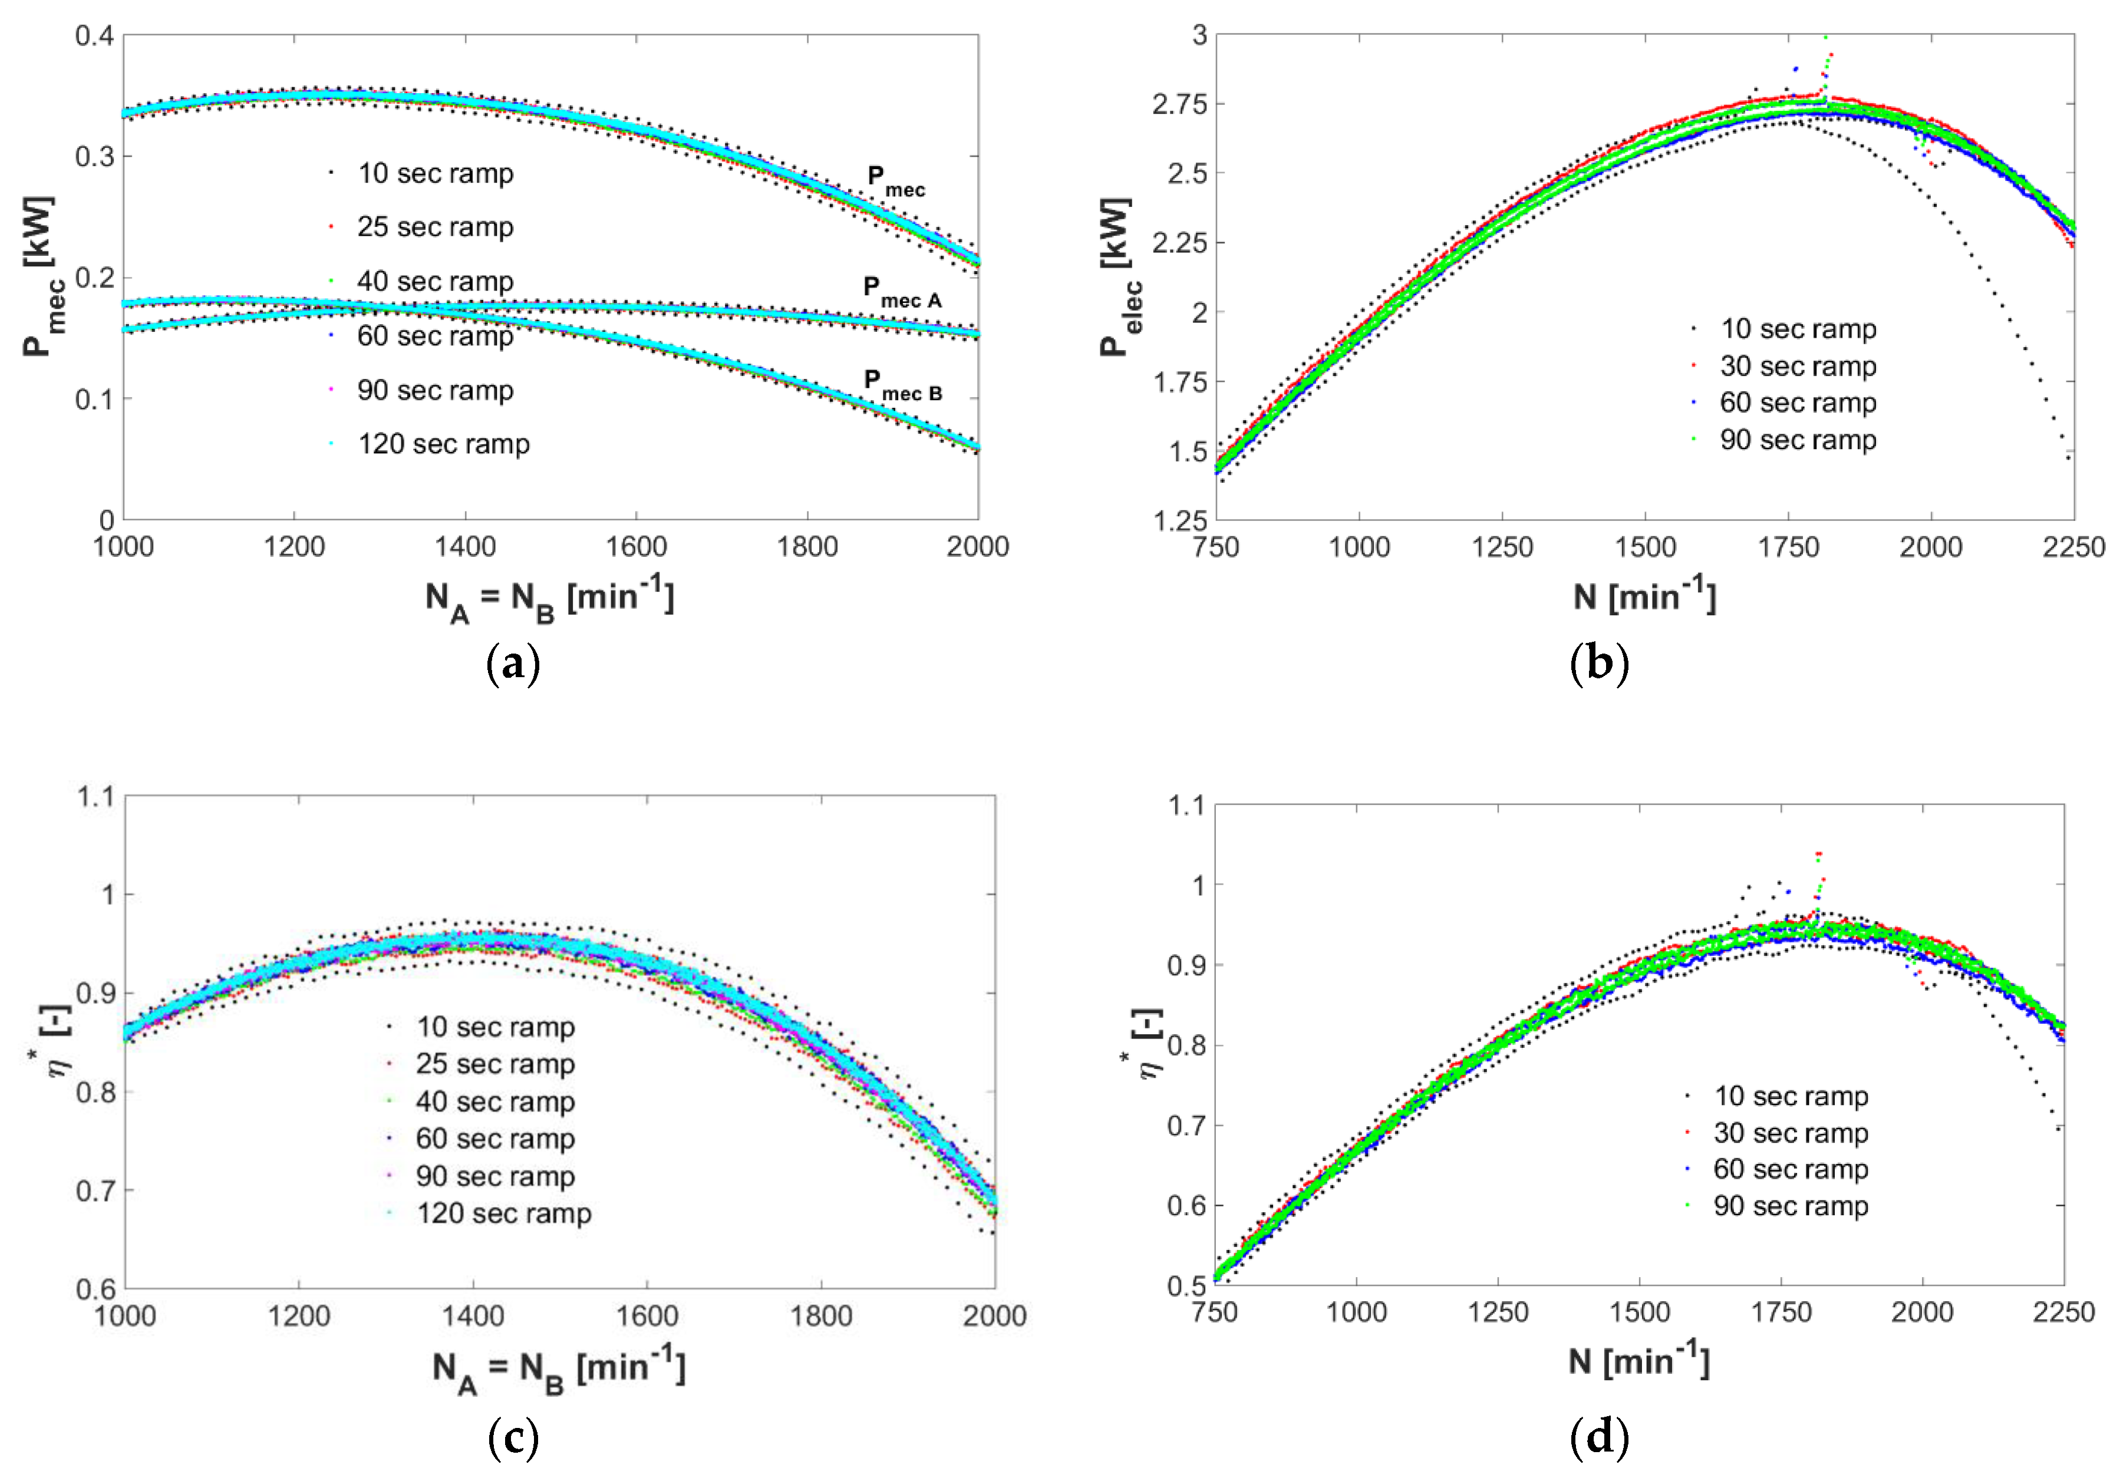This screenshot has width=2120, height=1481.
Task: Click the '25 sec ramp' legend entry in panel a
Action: tap(434, 227)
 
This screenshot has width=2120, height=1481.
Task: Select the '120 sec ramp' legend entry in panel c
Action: tap(503, 1213)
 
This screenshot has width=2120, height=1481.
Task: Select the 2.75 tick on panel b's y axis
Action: tap(1179, 104)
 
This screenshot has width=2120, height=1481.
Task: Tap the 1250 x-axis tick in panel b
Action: tap(1502, 546)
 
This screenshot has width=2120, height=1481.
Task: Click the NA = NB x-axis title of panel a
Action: tap(549, 600)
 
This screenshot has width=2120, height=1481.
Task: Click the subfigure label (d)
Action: tap(1598, 1437)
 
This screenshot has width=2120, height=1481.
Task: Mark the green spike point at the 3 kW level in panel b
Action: tap(1825, 38)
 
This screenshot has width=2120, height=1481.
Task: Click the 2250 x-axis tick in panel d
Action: tap(2063, 1312)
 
